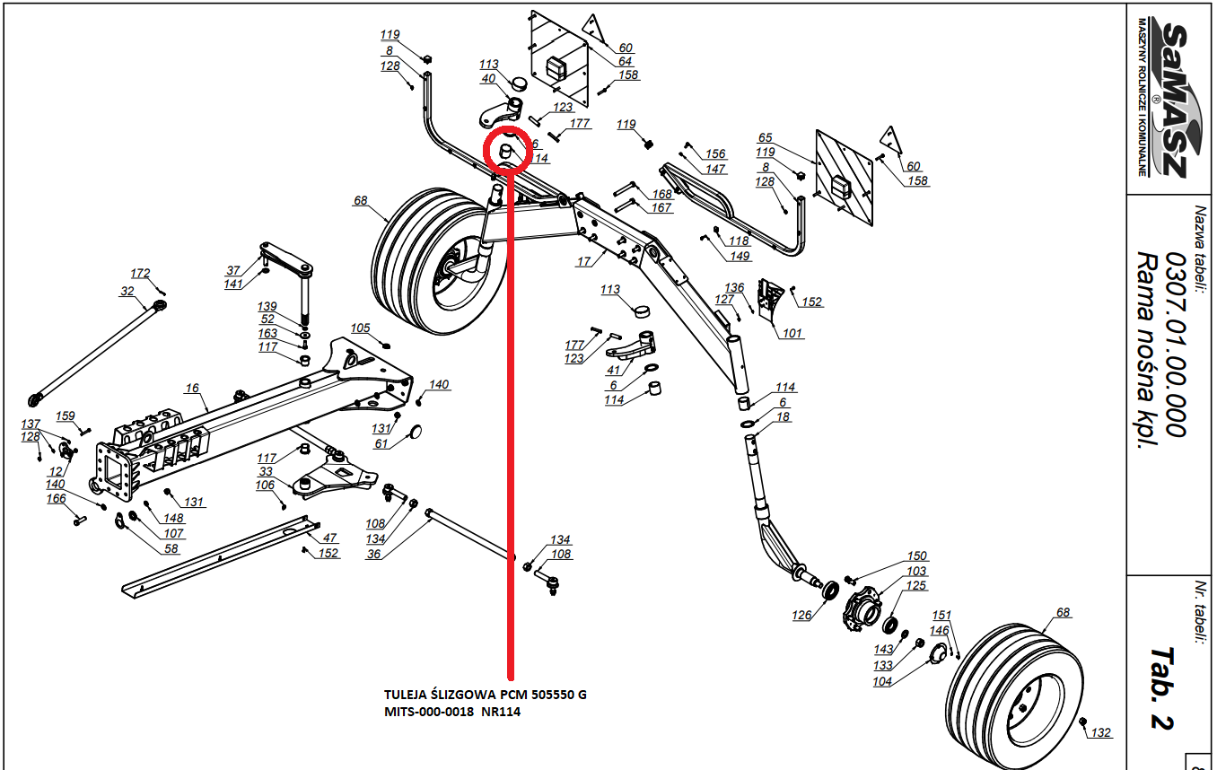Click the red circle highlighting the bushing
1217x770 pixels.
point(508,150)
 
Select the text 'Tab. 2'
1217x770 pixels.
point(1163,687)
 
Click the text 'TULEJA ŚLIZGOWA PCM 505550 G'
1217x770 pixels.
point(485,696)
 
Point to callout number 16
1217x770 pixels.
point(192,389)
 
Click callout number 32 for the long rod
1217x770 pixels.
point(126,291)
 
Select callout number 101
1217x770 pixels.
point(792,334)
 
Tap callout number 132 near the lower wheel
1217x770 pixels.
point(1101,733)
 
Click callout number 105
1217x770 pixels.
point(360,328)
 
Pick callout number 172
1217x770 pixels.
point(141,273)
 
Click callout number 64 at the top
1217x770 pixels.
point(625,61)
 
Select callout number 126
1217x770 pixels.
point(801,616)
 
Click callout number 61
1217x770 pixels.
point(381,444)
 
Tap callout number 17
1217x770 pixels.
point(583,261)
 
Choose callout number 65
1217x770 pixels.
point(765,138)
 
